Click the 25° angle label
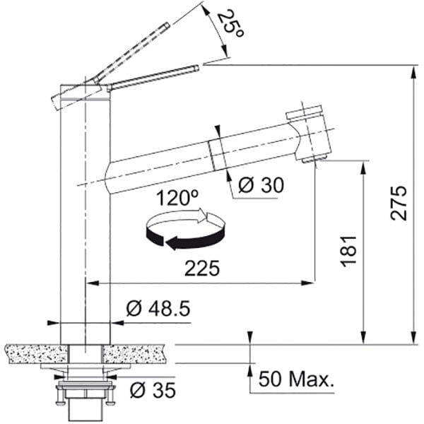[x=229, y=23]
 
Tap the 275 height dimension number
[x=399, y=203]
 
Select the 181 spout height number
[x=349, y=251]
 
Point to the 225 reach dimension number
[x=201, y=269]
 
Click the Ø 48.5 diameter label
[x=158, y=309]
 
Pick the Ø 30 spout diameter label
[x=261, y=185]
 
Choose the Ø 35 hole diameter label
[x=153, y=390]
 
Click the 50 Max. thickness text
[x=296, y=379]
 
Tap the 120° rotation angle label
[x=177, y=198]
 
